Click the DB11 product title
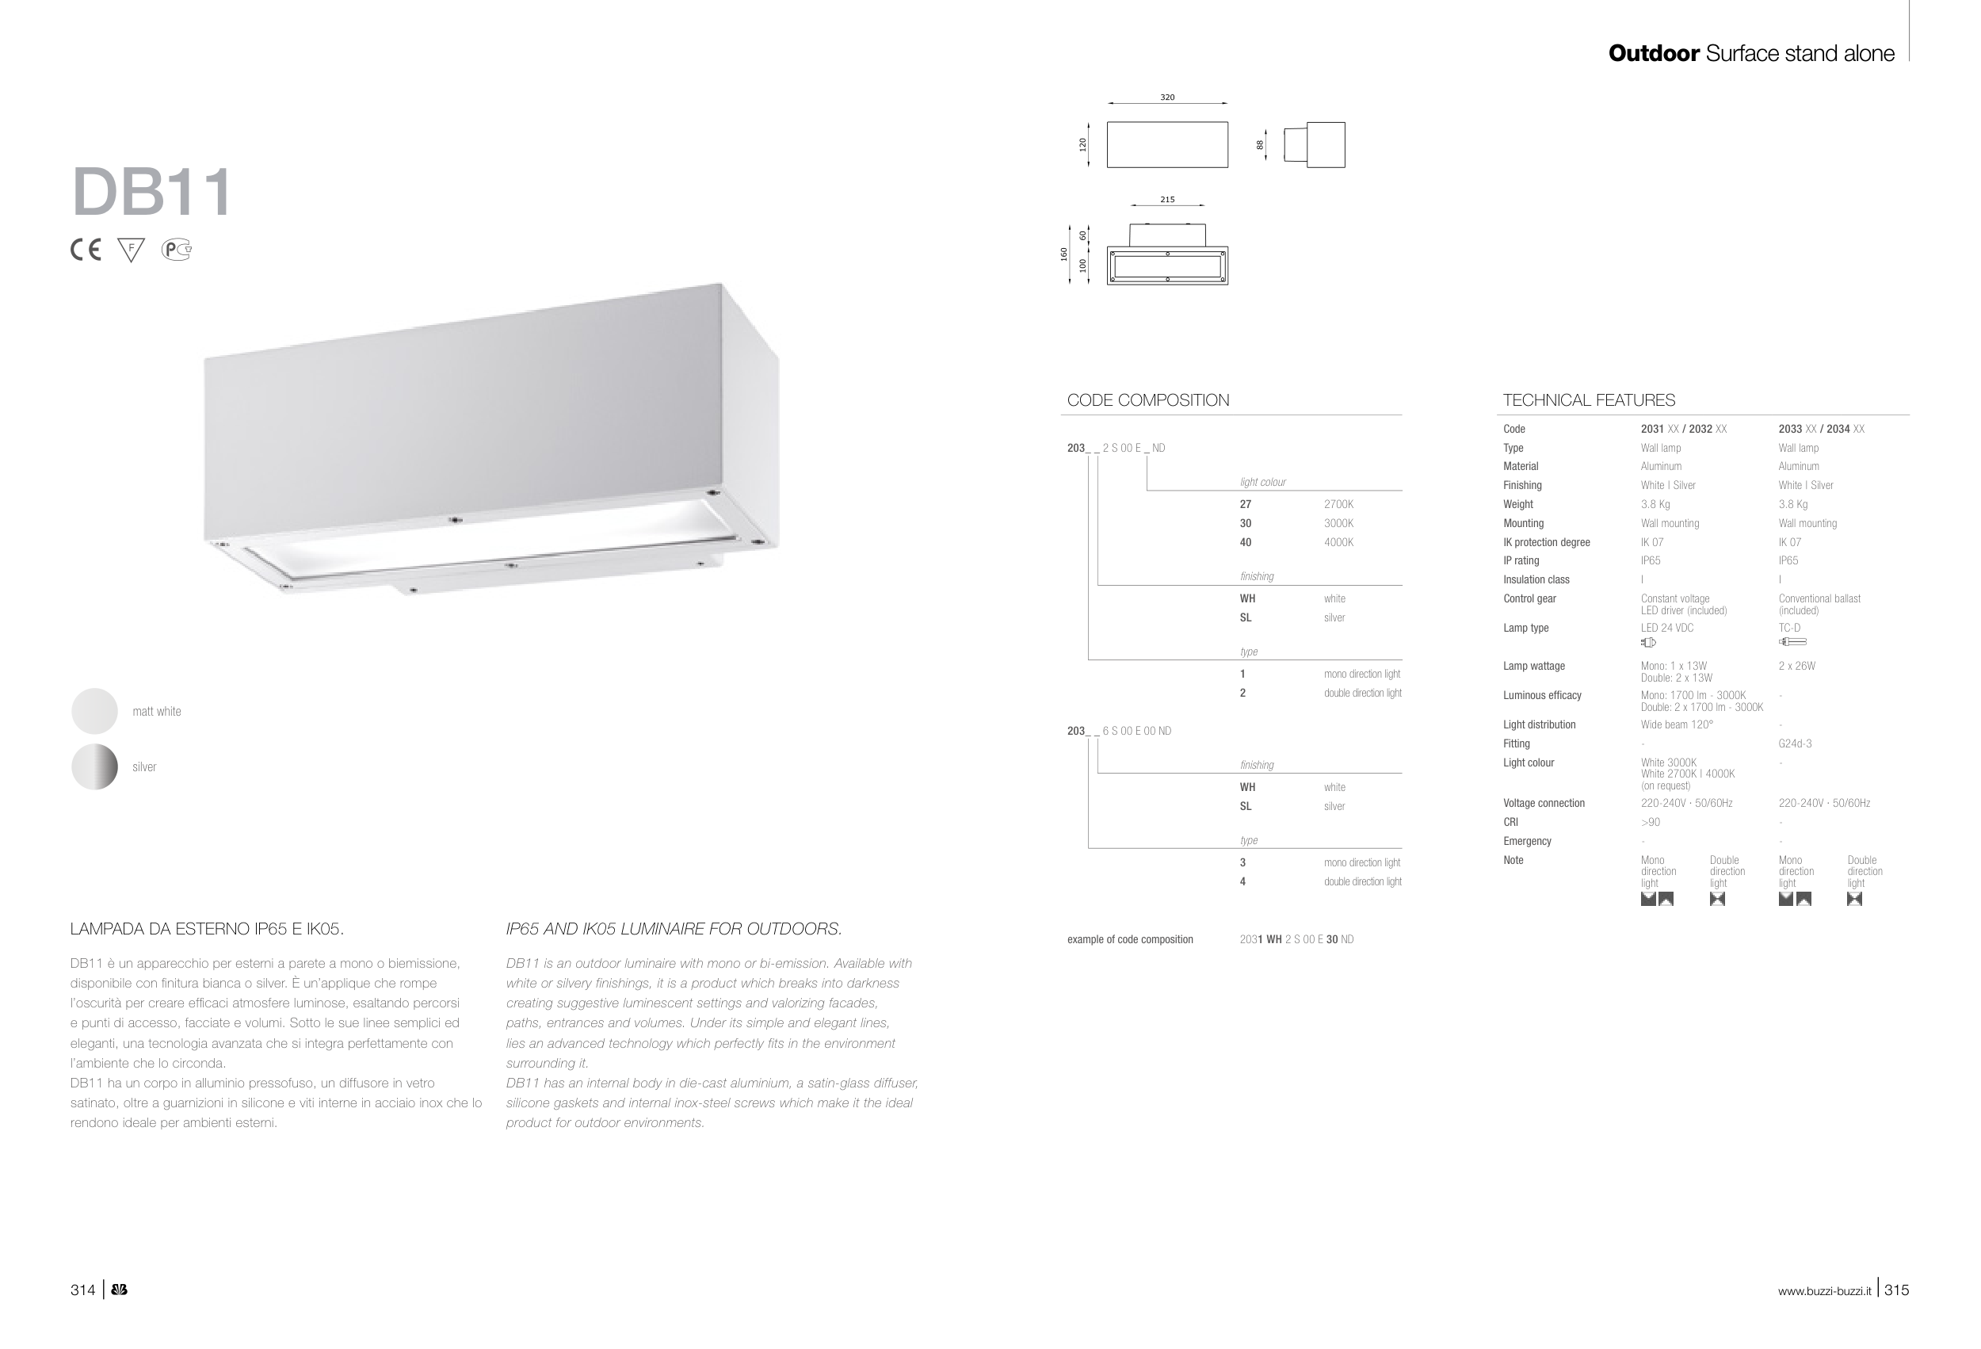pyautogui.click(x=151, y=192)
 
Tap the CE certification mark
pyautogui.click(x=86, y=250)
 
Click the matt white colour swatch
pyautogui.click(x=94, y=711)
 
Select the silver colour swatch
pyautogui.click(x=94, y=766)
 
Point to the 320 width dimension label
pyautogui.click(x=1167, y=97)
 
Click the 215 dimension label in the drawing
pyautogui.click(x=1167, y=200)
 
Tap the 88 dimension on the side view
pyautogui.click(x=1260, y=145)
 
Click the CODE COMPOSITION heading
pyautogui.click(x=1147, y=400)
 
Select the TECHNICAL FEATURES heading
pyautogui.click(x=1588, y=400)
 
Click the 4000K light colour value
pyautogui.click(x=1338, y=542)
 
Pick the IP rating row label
pyautogui.click(x=1521, y=560)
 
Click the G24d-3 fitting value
pyautogui.click(x=1795, y=743)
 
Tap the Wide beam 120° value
pyautogui.click(x=1677, y=724)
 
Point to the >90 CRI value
pyautogui.click(x=1651, y=822)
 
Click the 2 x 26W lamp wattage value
pyautogui.click(x=1797, y=666)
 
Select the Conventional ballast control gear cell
pyautogui.click(x=1819, y=604)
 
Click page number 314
pyautogui.click(x=82, y=1290)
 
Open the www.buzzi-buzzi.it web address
pyautogui.click(x=1824, y=1291)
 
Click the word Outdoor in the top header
pyautogui.click(x=1654, y=53)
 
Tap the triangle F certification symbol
pyautogui.click(x=131, y=250)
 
